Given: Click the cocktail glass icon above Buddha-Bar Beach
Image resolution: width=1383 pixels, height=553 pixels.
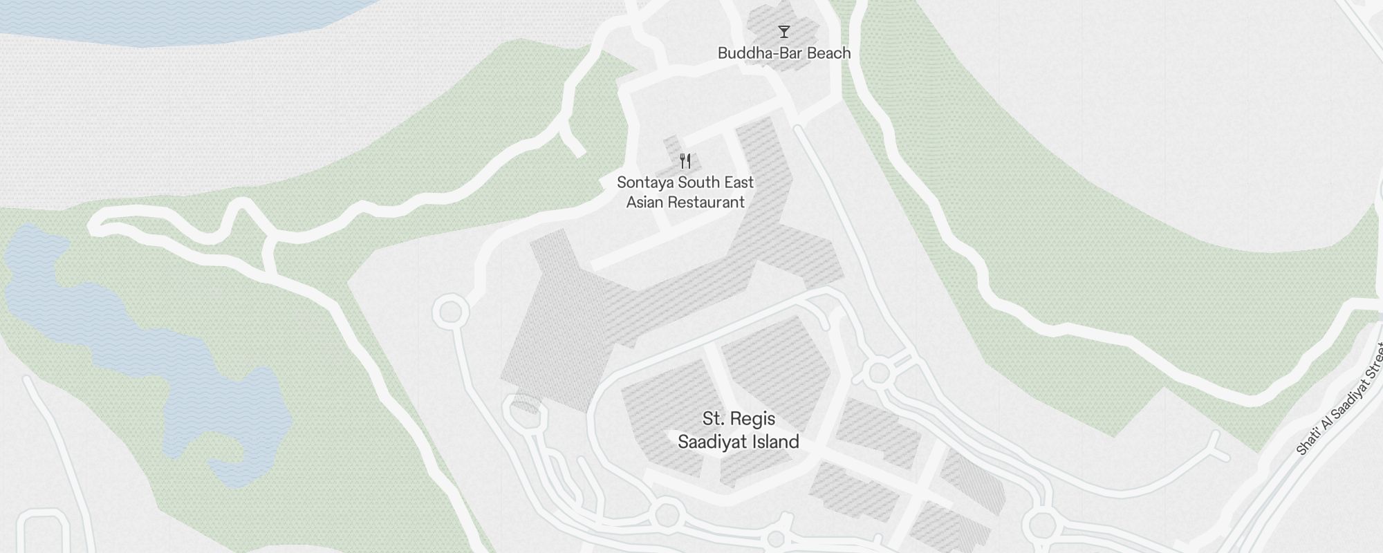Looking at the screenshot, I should (x=783, y=32).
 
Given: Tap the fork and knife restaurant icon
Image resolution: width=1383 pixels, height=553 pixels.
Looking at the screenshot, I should (x=685, y=161).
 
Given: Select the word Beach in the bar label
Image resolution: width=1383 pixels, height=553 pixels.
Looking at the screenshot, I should (x=829, y=53).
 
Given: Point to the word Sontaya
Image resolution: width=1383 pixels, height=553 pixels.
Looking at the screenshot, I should (x=644, y=182).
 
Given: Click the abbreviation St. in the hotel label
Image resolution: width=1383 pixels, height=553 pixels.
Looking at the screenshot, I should (x=714, y=419).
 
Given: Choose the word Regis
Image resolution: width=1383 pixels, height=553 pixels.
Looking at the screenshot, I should (x=754, y=419).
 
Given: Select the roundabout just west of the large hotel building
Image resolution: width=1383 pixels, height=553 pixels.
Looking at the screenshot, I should (x=450, y=312).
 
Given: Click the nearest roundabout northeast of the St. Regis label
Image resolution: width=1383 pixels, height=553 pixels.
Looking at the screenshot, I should (x=879, y=373).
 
